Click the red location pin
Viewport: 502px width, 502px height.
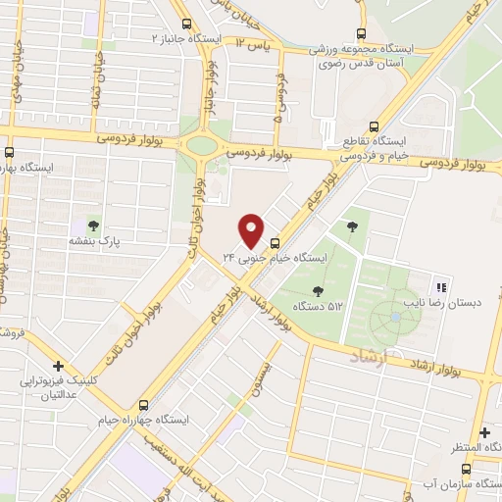pos(252,229)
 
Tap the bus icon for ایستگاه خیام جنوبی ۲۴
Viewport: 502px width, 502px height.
pos(275,243)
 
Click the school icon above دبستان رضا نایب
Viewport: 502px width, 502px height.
pos(440,287)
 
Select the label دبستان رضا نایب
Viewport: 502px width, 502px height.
pos(444,304)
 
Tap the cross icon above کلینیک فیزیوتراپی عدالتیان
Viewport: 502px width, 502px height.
pos(59,366)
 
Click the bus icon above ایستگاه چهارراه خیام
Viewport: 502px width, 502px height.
pos(145,404)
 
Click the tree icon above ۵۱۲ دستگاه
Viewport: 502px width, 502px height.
pos(317,290)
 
